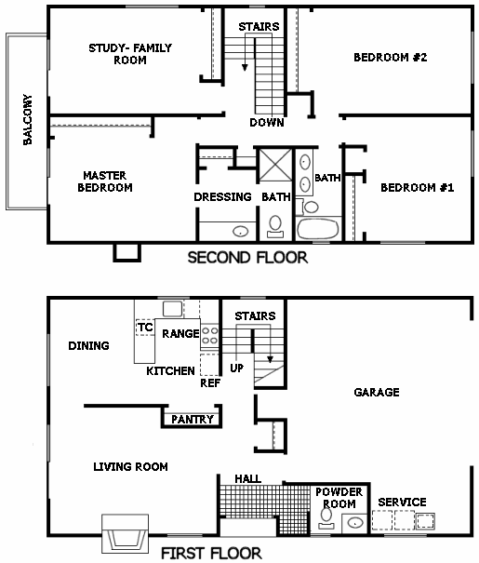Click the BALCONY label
[x=27, y=119]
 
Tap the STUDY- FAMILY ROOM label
[x=130, y=54]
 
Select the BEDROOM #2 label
[x=391, y=58]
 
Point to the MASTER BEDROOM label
[x=105, y=181]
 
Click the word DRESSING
[x=222, y=196]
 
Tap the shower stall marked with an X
[x=275, y=165]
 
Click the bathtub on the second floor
[x=318, y=229]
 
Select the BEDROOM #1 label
[x=418, y=187]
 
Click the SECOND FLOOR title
[x=247, y=258]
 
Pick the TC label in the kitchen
[x=145, y=328]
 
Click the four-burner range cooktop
[x=209, y=335]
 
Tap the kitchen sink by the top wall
[x=173, y=308]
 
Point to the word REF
[x=210, y=383]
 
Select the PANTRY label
[x=193, y=419]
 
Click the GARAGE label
[x=377, y=392]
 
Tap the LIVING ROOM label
[x=130, y=467]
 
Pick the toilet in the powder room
[x=326, y=518]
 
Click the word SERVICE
[x=402, y=502]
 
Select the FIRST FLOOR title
[x=211, y=554]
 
